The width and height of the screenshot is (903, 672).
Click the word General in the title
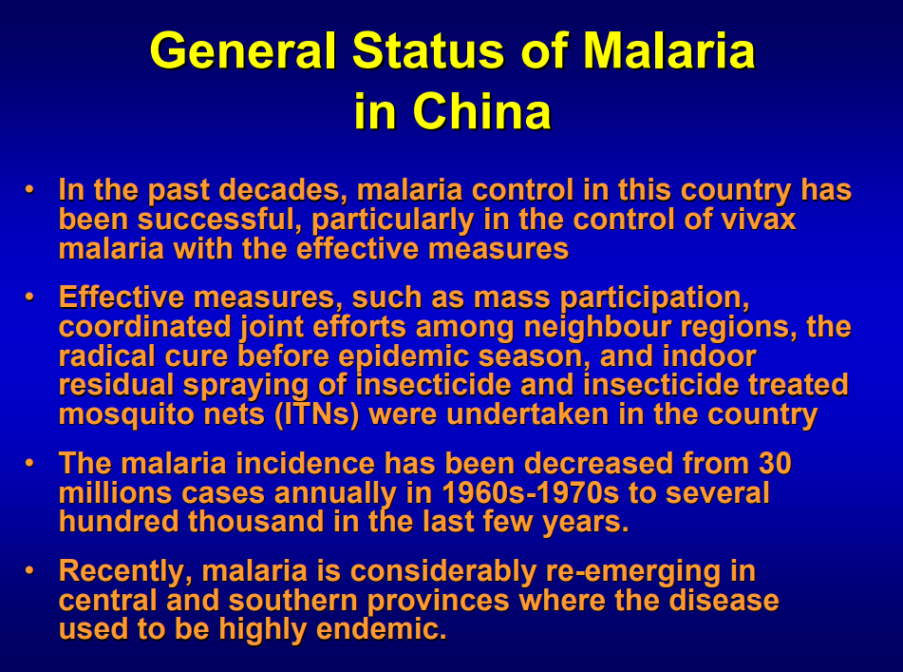click(242, 50)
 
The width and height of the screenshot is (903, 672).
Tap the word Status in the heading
click(428, 50)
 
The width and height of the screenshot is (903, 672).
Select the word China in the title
click(482, 110)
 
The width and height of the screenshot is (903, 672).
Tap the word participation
click(655, 298)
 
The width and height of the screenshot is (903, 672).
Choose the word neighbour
click(597, 328)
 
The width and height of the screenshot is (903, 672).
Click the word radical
click(107, 356)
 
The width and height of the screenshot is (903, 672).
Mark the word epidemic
click(404, 357)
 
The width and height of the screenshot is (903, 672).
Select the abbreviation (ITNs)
click(317, 415)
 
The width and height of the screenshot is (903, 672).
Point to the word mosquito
click(126, 415)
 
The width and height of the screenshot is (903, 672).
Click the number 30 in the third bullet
click(775, 464)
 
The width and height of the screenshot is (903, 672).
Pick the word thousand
click(255, 522)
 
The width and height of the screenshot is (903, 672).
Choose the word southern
click(293, 601)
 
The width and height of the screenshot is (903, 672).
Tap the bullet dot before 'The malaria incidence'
click(30, 464)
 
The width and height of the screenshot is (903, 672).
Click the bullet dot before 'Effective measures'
click(30, 298)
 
